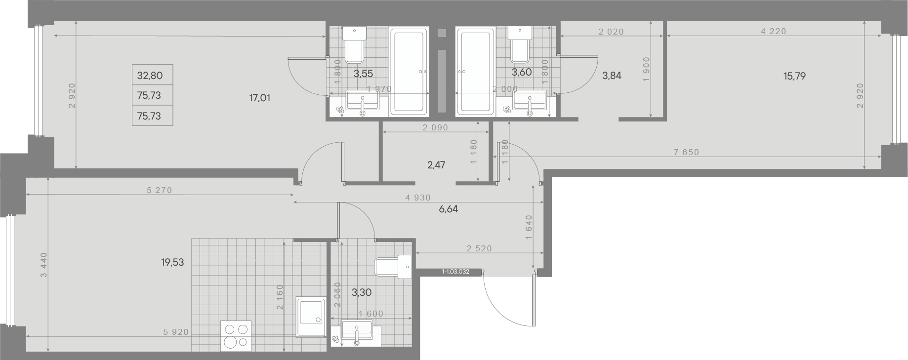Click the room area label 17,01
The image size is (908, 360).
(x=259, y=98)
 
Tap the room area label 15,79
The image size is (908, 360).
(x=794, y=76)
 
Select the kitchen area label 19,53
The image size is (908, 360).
(x=172, y=262)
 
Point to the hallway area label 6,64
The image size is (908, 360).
(x=448, y=209)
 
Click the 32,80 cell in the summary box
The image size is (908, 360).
(x=150, y=76)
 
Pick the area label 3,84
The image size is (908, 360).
(x=612, y=76)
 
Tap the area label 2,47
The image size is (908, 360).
(x=436, y=165)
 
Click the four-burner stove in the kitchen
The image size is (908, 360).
(x=236, y=336)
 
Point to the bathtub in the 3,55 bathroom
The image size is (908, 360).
(x=409, y=72)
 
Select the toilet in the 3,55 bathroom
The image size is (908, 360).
(x=355, y=45)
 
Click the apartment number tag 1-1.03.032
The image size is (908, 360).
(x=455, y=272)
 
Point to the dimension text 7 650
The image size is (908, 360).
(x=687, y=152)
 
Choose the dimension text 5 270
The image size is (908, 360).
(x=160, y=190)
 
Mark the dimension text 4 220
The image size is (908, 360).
(x=774, y=31)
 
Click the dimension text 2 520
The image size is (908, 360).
(x=479, y=248)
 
